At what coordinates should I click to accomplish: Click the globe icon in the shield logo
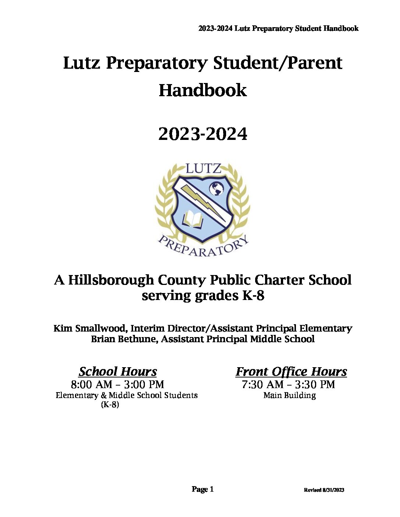pyautogui.click(x=217, y=189)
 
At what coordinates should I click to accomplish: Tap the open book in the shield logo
pyautogui.click(x=193, y=219)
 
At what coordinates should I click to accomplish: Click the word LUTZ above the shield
pyautogui.click(x=203, y=169)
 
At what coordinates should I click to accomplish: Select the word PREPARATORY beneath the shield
pyautogui.click(x=203, y=247)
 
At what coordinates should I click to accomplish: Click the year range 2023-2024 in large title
pyautogui.click(x=203, y=134)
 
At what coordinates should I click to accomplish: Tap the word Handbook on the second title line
pyautogui.click(x=203, y=90)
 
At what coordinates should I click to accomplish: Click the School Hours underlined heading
pyautogui.click(x=118, y=372)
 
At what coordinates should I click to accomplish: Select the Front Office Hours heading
pyautogui.click(x=291, y=372)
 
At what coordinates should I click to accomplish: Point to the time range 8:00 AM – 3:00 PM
pyautogui.click(x=118, y=384)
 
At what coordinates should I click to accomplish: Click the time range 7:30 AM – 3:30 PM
pyautogui.click(x=289, y=384)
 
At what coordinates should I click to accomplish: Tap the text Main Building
pyautogui.click(x=290, y=395)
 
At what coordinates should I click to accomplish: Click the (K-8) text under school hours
pyautogui.click(x=110, y=405)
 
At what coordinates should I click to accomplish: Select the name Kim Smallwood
pyautogui.click(x=90, y=328)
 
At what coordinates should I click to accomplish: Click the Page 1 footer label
pyautogui.click(x=203, y=489)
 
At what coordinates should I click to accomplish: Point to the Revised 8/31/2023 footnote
pyautogui.click(x=324, y=490)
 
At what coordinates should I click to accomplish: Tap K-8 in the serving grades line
pyautogui.click(x=253, y=296)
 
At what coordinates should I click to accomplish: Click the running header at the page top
pyautogui.click(x=278, y=29)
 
